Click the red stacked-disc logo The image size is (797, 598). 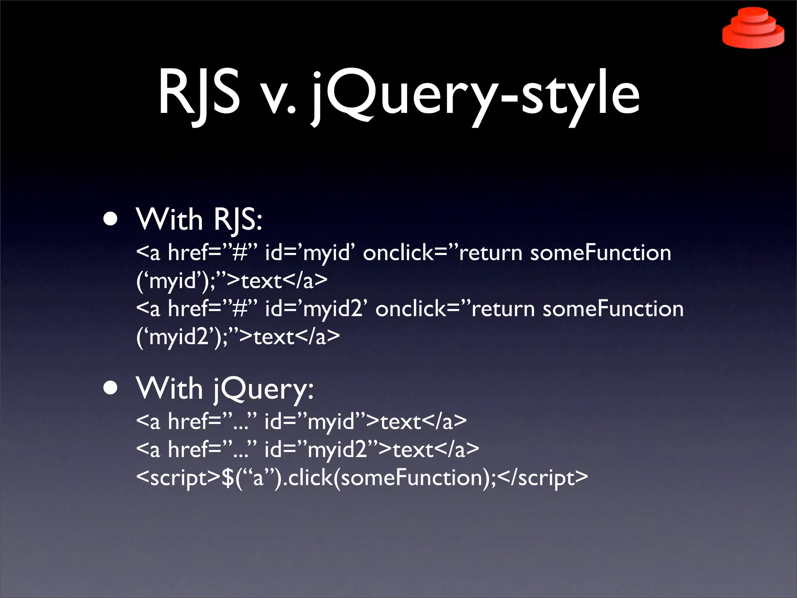click(753, 29)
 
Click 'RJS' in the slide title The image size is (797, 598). click(198, 93)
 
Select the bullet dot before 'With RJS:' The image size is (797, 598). click(111, 219)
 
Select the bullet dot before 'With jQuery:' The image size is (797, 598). click(111, 388)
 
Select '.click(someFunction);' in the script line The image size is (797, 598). click(390, 478)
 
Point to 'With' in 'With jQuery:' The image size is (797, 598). click(170, 389)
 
